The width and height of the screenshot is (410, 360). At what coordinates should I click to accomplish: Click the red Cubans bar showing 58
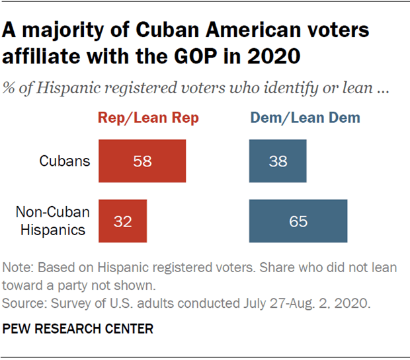(142, 161)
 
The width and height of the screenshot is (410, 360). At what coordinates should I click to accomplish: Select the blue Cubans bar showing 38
(277, 161)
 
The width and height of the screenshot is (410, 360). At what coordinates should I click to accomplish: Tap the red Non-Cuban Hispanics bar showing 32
(122, 221)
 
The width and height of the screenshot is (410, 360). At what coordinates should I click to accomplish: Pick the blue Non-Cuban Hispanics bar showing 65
(298, 221)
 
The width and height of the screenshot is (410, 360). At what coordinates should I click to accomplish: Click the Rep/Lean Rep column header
(148, 118)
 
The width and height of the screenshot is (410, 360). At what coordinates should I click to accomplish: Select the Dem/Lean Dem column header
(305, 118)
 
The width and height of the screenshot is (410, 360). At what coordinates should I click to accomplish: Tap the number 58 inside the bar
(142, 161)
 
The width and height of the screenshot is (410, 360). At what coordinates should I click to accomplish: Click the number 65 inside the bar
(298, 221)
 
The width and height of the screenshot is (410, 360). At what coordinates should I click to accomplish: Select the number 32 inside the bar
(122, 221)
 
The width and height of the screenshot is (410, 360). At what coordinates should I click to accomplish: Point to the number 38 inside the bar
(278, 161)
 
